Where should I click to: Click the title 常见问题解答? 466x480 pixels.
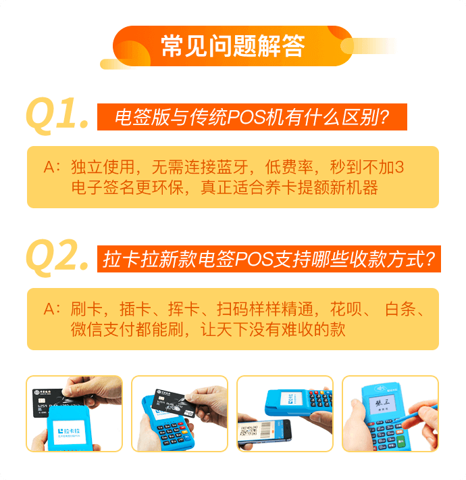(x=233, y=46)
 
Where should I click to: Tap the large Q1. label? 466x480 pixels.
(x=57, y=116)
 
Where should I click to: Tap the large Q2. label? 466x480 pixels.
(x=57, y=258)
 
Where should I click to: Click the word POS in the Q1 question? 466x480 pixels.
(x=246, y=117)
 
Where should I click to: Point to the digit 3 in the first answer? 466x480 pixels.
(x=399, y=167)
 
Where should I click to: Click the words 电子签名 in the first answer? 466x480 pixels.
(x=103, y=187)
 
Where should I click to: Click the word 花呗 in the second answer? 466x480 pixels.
(x=346, y=309)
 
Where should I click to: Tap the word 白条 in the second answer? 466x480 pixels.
(x=400, y=309)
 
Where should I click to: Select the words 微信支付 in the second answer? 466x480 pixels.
(x=103, y=329)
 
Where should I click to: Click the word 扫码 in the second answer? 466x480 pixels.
(x=232, y=309)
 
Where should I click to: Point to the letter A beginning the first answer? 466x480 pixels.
(x=49, y=167)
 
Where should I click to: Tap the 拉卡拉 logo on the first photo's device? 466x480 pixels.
(x=69, y=431)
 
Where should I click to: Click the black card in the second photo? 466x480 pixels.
(x=175, y=403)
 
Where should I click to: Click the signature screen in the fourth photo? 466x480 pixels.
(x=382, y=405)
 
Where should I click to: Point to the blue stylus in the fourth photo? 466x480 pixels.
(x=419, y=416)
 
